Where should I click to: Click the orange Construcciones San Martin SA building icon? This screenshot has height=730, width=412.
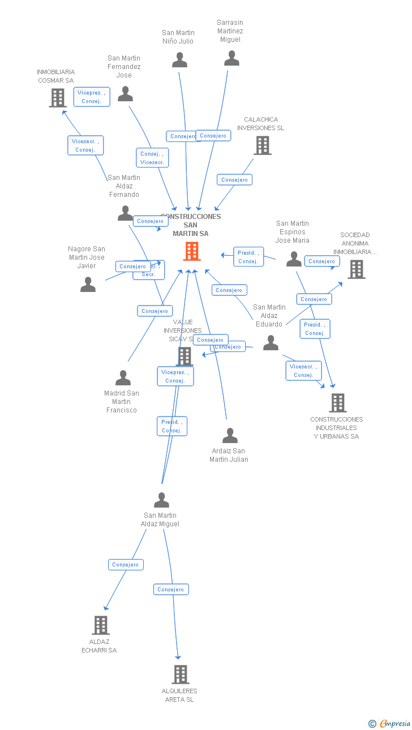192,251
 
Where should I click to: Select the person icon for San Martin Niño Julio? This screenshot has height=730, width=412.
180,60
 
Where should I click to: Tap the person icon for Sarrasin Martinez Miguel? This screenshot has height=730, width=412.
231,58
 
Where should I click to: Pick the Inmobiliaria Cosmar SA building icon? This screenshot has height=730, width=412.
57,98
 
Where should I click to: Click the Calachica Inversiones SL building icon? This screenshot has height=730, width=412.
262,145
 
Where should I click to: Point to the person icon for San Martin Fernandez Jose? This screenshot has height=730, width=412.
125,94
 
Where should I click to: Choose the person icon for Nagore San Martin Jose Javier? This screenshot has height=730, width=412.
88,284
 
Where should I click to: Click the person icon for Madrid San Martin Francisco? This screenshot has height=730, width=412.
123,378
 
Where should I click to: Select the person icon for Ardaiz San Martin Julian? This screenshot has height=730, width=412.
230,436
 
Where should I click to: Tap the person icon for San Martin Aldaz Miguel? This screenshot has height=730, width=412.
162,500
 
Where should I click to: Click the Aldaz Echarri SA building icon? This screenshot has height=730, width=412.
100,625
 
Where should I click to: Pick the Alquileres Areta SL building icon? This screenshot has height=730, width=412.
180,675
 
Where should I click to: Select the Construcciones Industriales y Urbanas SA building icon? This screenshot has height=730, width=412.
337,403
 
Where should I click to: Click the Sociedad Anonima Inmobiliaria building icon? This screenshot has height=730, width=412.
356,269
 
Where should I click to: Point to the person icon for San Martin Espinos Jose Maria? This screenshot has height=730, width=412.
294,259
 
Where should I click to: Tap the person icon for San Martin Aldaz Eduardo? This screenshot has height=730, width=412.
271,343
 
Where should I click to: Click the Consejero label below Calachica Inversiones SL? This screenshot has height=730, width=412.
234,180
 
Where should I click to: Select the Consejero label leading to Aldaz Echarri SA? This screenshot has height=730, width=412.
126,565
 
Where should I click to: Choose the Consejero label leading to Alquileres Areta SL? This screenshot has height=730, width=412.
171,590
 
